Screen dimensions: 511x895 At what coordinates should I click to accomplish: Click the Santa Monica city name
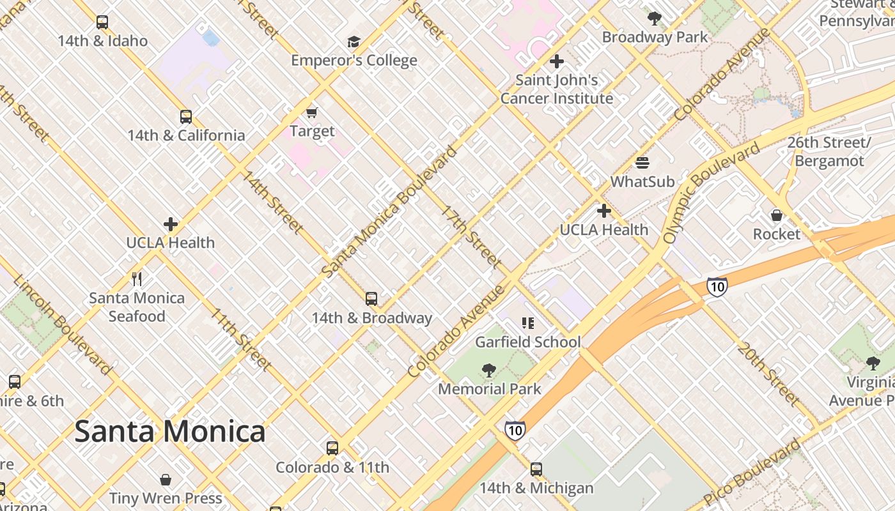(170, 432)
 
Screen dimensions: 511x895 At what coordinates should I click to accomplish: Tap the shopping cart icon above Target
(312, 113)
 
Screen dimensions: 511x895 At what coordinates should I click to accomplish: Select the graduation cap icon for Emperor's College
(354, 42)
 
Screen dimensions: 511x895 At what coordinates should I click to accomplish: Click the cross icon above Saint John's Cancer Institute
(557, 61)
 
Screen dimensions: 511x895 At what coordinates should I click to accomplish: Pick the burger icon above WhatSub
(642, 163)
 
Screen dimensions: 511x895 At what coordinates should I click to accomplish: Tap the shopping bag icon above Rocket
(777, 215)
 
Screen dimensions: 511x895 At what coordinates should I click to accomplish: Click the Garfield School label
(528, 342)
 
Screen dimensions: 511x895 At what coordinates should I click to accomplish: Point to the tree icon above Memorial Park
(489, 370)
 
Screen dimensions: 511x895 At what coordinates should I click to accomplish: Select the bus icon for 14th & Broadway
(371, 298)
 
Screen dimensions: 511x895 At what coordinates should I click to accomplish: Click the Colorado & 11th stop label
(332, 468)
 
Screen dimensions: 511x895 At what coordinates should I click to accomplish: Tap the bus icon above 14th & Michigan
(536, 469)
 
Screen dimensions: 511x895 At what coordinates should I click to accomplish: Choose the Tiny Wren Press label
(166, 498)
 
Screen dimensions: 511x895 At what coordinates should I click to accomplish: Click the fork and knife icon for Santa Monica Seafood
(137, 279)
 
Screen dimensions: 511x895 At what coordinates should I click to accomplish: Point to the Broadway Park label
(655, 37)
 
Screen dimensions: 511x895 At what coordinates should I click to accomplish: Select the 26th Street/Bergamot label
(829, 151)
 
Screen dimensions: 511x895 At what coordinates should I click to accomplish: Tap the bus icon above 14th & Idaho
(102, 22)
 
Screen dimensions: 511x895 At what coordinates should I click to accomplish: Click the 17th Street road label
(472, 237)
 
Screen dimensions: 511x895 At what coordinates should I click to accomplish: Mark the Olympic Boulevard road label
(710, 194)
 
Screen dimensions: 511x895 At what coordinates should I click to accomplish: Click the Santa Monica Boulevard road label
(390, 211)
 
